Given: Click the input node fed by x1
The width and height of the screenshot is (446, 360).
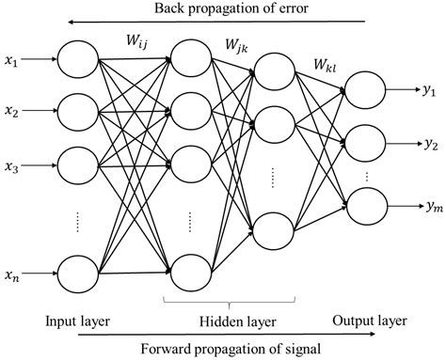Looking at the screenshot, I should click(78, 59).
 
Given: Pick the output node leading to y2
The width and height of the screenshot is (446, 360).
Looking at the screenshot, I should click(365, 145).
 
